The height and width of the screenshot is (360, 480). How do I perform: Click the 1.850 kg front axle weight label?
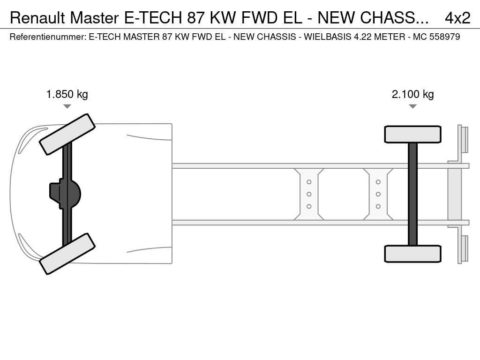67,94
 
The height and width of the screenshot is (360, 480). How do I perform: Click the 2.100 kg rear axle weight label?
412,94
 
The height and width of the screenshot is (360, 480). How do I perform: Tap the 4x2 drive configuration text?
457,18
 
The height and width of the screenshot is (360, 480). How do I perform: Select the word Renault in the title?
37,18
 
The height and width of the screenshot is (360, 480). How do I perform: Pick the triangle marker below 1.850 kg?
67,106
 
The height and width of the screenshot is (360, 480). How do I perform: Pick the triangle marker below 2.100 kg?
412,106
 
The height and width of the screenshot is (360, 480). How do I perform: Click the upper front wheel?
67,134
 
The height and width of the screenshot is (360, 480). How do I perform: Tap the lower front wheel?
67,254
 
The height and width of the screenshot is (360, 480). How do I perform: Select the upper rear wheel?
412,135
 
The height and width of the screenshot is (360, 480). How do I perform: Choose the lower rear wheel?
412,254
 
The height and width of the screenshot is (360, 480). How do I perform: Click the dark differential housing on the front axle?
65,194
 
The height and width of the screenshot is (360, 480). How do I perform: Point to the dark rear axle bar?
412,194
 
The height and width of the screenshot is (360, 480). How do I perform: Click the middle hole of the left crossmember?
309,194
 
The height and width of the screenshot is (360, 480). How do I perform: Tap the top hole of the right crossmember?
378,182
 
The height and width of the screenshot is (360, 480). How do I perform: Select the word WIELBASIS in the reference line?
328,37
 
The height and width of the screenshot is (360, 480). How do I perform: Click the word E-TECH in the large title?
153,18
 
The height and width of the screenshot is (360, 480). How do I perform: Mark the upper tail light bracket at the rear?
463,139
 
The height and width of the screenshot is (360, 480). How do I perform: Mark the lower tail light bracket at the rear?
463,249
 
